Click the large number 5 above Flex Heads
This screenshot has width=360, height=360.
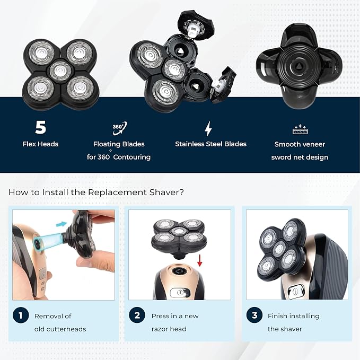[x=41, y=127]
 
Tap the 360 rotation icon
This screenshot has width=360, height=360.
[x=119, y=128]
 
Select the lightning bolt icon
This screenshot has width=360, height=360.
[x=208, y=128]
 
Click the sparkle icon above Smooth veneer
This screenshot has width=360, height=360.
[x=300, y=129]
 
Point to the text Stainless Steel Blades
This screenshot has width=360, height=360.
[x=211, y=144]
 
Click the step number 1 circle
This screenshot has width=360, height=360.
[x=21, y=315]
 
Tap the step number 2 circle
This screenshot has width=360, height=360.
[x=137, y=315]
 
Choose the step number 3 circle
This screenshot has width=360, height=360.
[x=254, y=315]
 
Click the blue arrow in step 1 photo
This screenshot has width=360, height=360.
[x=62, y=224]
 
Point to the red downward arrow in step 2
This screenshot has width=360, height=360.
[x=200, y=260]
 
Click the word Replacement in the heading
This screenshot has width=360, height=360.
[x=117, y=192]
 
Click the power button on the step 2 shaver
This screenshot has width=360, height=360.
[x=180, y=293]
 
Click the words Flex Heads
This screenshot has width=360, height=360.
[x=40, y=144]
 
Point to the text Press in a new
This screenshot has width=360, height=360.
[x=175, y=316]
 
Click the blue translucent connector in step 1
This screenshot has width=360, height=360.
[x=50, y=240]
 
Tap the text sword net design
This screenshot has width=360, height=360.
[x=300, y=157]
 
